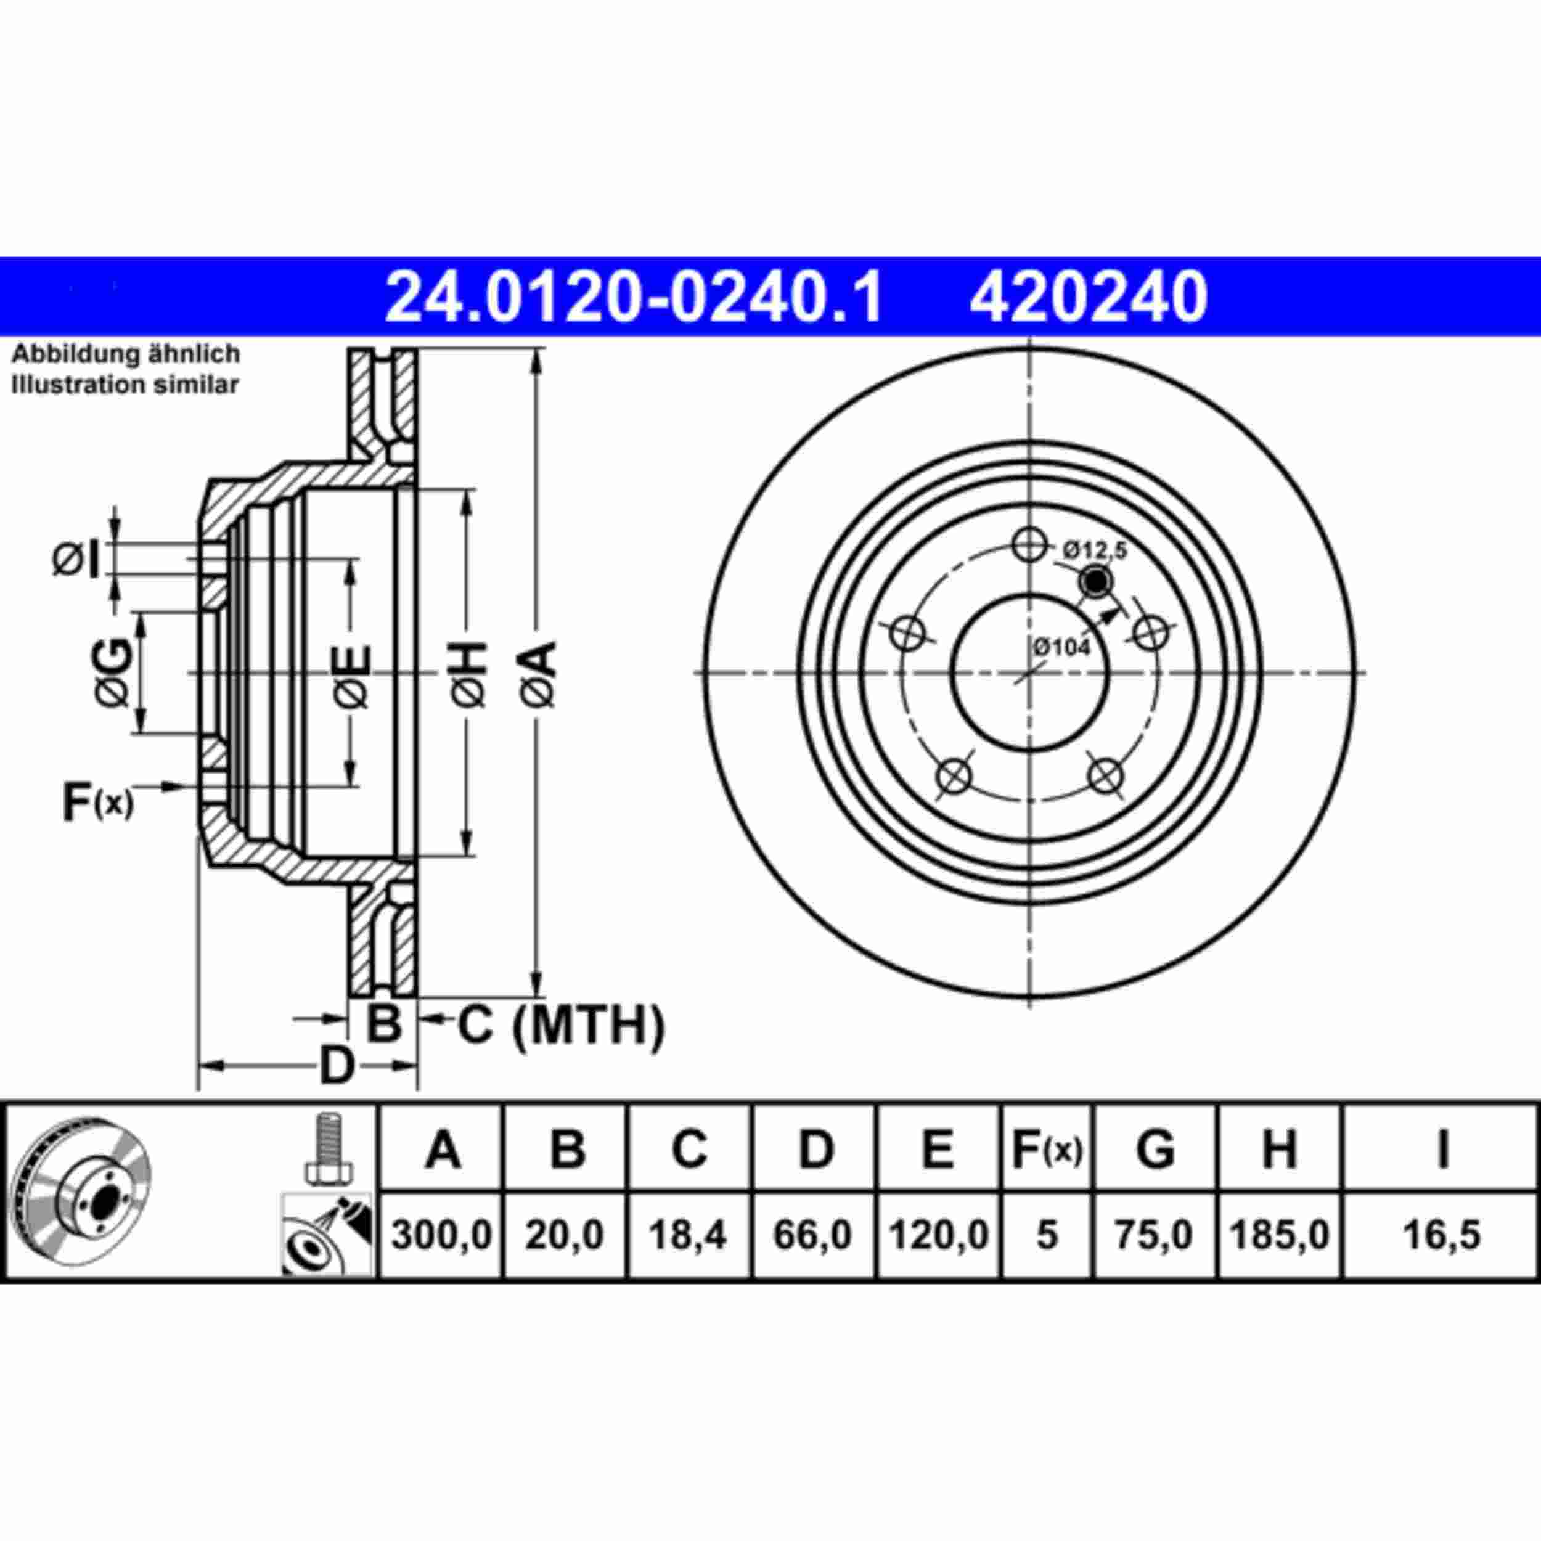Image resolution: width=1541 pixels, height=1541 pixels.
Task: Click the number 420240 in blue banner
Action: point(1088,296)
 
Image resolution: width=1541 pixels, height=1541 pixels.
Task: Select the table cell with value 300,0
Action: point(442,1235)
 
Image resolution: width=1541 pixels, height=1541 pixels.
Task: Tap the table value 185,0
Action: point(1280,1235)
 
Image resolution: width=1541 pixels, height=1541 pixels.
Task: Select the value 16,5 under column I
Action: point(1441,1235)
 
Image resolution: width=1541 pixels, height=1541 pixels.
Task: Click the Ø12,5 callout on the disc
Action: point(1094,550)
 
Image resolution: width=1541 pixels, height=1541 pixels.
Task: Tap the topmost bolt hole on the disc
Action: point(1029,546)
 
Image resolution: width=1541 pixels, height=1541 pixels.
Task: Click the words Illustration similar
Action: point(125,385)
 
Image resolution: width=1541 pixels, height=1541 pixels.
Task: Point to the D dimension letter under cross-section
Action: point(336,1066)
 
